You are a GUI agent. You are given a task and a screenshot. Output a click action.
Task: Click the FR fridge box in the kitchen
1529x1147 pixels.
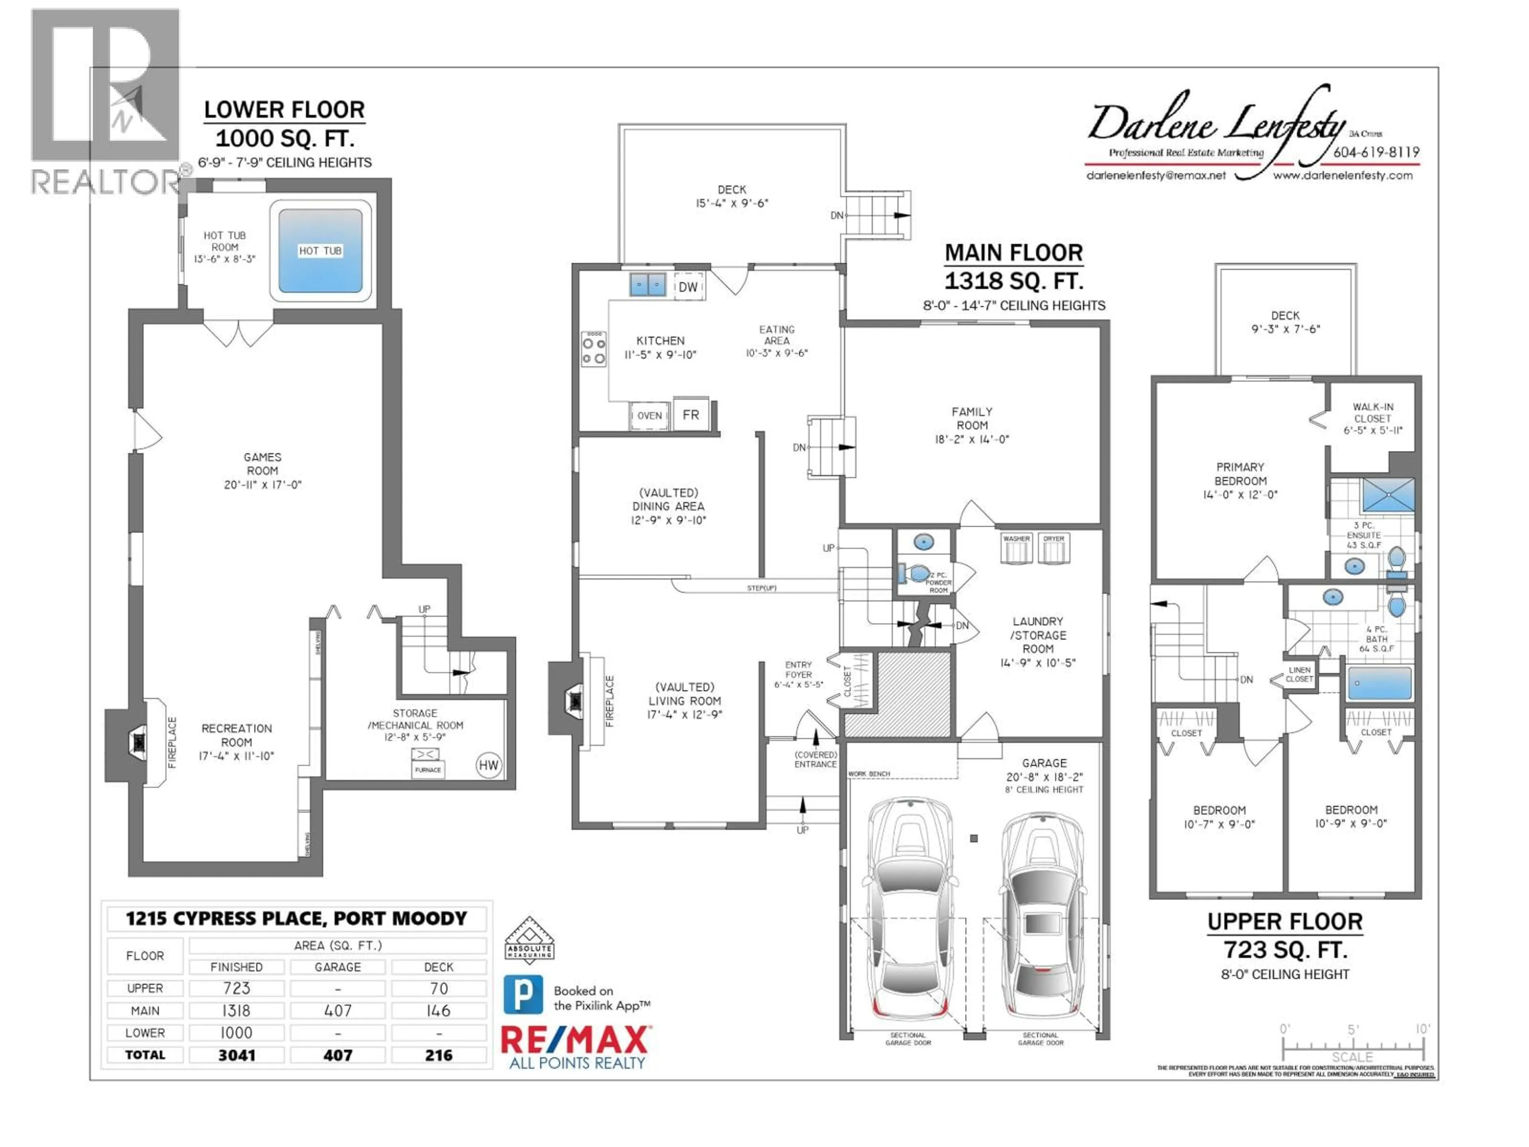point(690,415)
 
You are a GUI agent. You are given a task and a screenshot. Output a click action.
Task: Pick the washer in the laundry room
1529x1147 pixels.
point(1016,549)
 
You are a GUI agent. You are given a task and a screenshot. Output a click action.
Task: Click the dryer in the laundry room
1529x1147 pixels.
point(1054,549)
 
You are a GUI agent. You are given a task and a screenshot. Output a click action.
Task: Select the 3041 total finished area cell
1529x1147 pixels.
point(237,1055)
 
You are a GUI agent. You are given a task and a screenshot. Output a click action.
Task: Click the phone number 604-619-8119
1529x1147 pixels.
point(1376,152)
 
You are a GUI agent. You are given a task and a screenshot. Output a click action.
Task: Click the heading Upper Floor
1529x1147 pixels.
point(1284,922)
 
